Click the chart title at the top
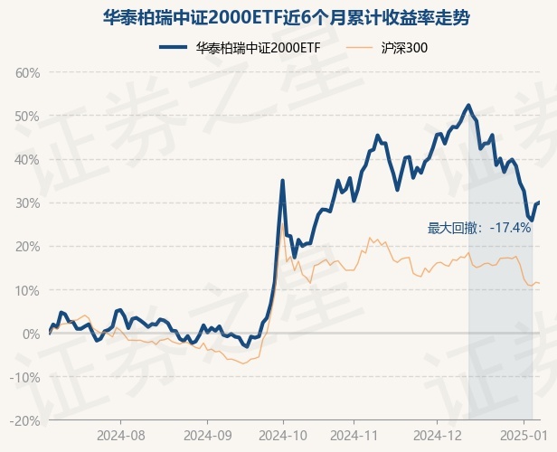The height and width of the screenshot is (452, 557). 278,17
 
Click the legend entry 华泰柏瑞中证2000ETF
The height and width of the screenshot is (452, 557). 240,47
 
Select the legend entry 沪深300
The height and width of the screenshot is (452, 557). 390,47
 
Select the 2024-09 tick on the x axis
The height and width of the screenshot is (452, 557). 206,435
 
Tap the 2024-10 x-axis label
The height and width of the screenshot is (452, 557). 283,435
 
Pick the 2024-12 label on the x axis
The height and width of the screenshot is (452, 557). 437,435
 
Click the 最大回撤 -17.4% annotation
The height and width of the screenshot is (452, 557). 479,228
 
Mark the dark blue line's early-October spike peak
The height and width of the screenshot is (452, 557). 283,181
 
